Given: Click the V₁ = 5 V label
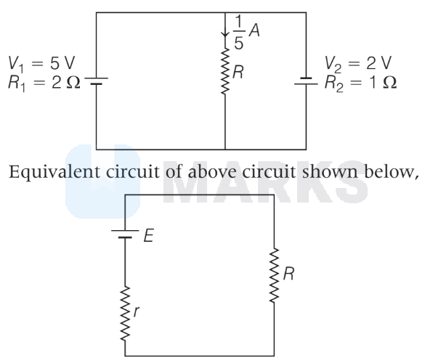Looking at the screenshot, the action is [x=41, y=63].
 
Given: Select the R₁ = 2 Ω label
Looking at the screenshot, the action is [x=44, y=83].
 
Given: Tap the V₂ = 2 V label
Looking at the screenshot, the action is [x=358, y=63].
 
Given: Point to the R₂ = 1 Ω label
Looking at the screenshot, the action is [x=360, y=83].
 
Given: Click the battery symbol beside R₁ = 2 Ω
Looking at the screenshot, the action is [x=96, y=81].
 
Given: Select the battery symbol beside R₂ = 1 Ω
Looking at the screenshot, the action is [x=306, y=81].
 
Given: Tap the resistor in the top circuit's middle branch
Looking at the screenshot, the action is [x=225, y=71].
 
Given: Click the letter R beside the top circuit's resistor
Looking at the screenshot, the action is [x=238, y=73].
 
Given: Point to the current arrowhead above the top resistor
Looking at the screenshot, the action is [x=225, y=34].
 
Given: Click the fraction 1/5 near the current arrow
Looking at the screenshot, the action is [x=239, y=32].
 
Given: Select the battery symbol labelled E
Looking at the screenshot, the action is [x=125, y=234].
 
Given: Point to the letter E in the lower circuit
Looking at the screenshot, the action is [x=148, y=235].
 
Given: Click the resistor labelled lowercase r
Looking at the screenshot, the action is [x=125, y=313].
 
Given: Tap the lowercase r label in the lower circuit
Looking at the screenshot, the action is [x=136, y=311].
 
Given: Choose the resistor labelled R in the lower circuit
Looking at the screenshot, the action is [x=274, y=275].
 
